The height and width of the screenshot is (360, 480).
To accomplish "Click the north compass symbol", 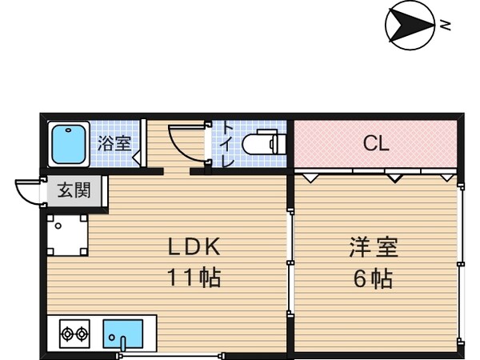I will tap(409, 25).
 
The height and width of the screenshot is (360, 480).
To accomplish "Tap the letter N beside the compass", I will tap(446, 25).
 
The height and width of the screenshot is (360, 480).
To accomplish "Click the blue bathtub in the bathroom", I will tap(68, 144).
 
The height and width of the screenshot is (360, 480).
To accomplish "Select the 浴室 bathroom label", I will tap(114, 144).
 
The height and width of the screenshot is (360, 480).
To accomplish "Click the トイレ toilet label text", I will tap(227, 144).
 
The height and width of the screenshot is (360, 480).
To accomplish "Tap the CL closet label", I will tap(375, 144).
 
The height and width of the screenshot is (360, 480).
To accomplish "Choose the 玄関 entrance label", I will tap(73, 191).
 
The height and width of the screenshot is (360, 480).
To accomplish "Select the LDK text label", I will tap(192, 246).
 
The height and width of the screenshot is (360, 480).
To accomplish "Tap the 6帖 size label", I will tap(373, 279).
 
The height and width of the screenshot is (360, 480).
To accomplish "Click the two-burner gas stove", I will tap(74, 333).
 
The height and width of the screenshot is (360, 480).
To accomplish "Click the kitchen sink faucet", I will tap(123, 343).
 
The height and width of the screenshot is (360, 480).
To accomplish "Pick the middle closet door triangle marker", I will tap(393, 177).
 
